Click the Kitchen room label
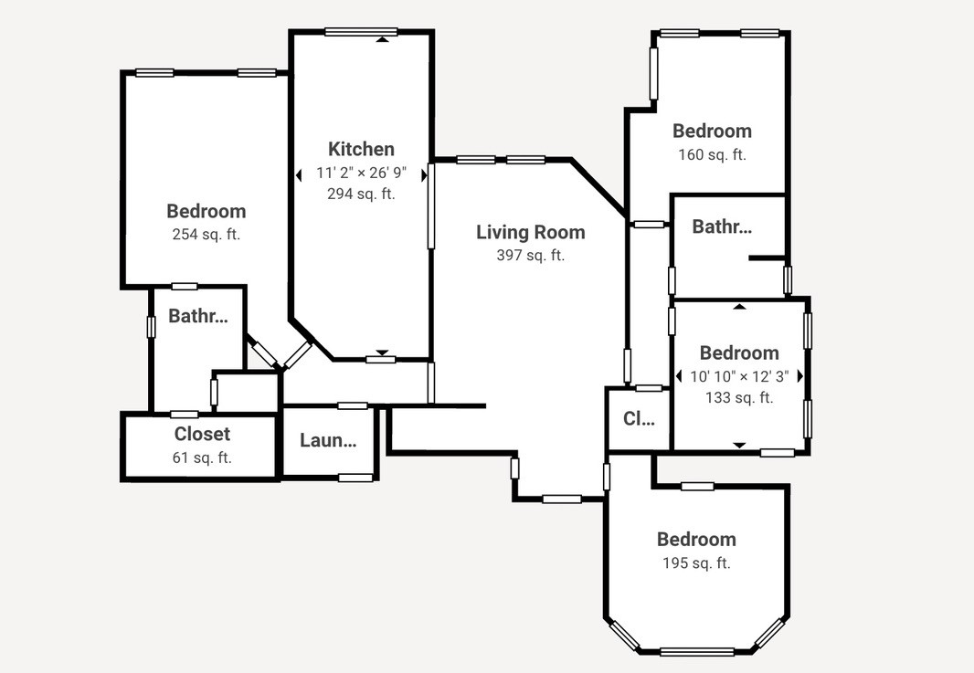click(x=361, y=149)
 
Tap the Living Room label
click(x=530, y=232)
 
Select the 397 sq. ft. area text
click(x=530, y=256)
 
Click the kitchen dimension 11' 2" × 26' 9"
click(x=361, y=173)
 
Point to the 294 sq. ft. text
click(x=361, y=194)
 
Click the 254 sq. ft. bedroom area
click(x=206, y=234)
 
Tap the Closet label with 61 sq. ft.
click(x=202, y=434)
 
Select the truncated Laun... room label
click(x=328, y=440)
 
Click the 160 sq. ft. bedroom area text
click(x=712, y=154)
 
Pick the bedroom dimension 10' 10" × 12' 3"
click(x=739, y=376)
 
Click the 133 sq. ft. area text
click(x=739, y=397)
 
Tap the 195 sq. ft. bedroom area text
click(x=696, y=563)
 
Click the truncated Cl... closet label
click(x=639, y=419)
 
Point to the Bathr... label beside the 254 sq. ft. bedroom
click(x=197, y=317)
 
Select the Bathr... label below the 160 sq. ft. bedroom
click(x=722, y=226)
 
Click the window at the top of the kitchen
click(x=361, y=32)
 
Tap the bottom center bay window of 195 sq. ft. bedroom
click(x=696, y=651)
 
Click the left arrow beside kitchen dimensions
click(x=299, y=174)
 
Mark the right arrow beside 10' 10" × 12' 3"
click(x=800, y=376)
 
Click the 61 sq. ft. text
click(x=202, y=457)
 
